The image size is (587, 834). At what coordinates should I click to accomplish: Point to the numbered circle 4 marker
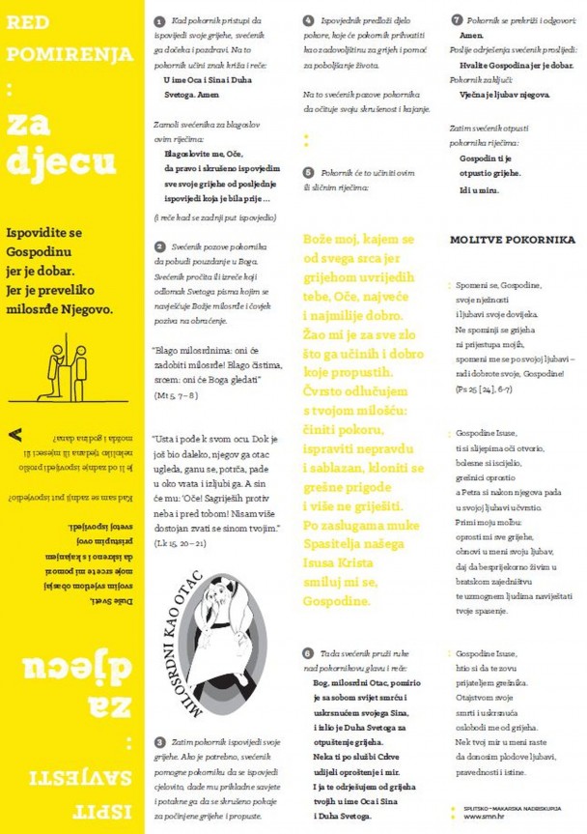click(x=308, y=20)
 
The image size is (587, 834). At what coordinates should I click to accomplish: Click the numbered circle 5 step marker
click(x=308, y=170)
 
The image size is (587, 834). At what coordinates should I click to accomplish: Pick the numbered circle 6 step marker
click(x=308, y=653)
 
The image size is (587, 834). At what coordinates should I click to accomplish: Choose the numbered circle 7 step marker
click(x=456, y=20)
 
